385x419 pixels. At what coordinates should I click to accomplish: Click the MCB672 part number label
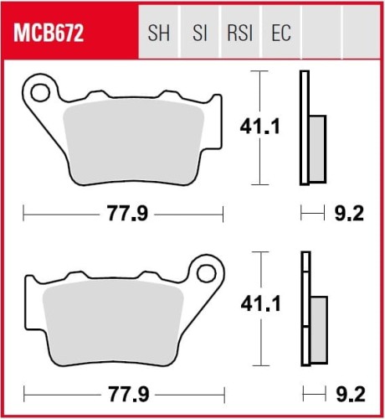pyautogui.click(x=52, y=34)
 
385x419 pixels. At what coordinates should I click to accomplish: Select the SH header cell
pyautogui.click(x=157, y=34)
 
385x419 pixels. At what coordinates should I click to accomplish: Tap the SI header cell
pyautogui.click(x=199, y=34)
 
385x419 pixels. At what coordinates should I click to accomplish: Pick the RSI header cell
pyautogui.click(x=239, y=34)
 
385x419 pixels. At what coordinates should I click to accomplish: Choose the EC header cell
pyautogui.click(x=280, y=34)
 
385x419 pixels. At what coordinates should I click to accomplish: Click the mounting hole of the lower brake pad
pyautogui.click(x=206, y=271)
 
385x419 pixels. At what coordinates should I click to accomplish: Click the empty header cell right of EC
pyautogui.click(x=321, y=34)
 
